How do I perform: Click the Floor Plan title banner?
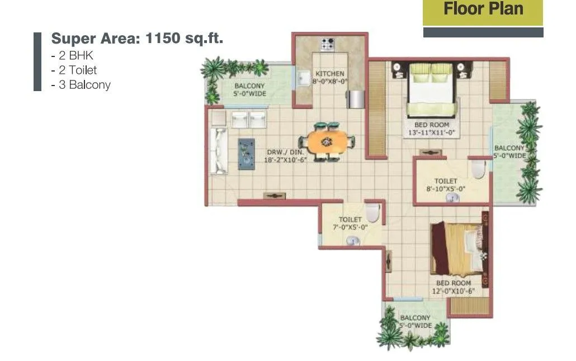(483, 9)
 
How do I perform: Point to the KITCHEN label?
(330, 74)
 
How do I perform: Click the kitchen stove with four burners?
(328, 44)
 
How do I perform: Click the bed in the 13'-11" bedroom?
(429, 90)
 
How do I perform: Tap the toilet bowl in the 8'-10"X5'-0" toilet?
(478, 169)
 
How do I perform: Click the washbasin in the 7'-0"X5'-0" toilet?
(352, 241)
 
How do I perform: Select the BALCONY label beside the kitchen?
(249, 85)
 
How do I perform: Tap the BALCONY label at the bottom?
(415, 319)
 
